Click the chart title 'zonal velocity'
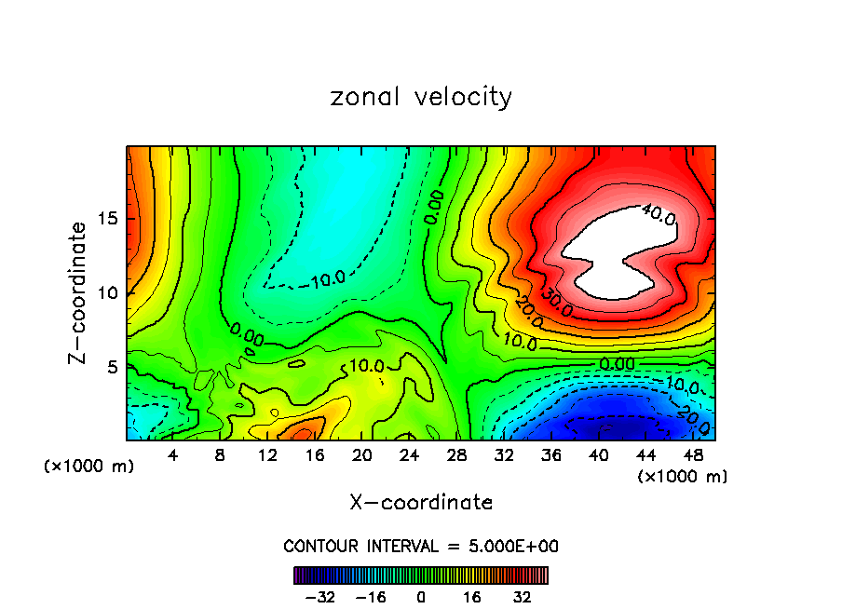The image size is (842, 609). tap(421, 97)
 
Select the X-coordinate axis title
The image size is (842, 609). tap(421, 503)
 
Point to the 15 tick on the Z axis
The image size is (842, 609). tap(107, 219)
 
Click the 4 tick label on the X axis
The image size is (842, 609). tap(173, 455)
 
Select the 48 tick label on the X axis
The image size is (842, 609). tap(694, 455)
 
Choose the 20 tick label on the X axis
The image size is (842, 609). tap(362, 455)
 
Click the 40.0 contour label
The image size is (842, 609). tap(659, 215)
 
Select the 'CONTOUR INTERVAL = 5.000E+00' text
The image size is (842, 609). tap(421, 546)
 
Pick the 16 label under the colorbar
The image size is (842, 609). tap(472, 596)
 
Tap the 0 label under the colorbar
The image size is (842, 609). tap(421, 596)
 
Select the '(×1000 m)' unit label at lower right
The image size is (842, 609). tap(683, 477)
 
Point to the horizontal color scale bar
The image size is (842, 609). tap(421, 575)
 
